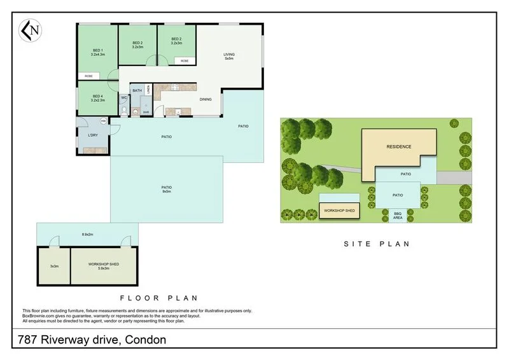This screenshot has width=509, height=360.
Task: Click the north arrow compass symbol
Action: pos(29,30)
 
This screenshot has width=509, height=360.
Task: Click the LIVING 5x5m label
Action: pos(229,57)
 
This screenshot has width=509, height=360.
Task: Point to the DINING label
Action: pos(206,99)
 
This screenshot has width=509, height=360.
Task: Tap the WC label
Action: pos(124,98)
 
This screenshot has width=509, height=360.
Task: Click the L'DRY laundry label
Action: pos(93,135)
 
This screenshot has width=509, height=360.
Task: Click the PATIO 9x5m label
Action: pos(167,188)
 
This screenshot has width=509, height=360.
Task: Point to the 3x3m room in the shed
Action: pos(53,267)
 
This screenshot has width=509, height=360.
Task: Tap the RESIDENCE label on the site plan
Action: pos(399,147)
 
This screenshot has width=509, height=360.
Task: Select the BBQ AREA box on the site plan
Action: pos(398,216)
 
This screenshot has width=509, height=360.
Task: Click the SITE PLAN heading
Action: pos(377,244)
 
